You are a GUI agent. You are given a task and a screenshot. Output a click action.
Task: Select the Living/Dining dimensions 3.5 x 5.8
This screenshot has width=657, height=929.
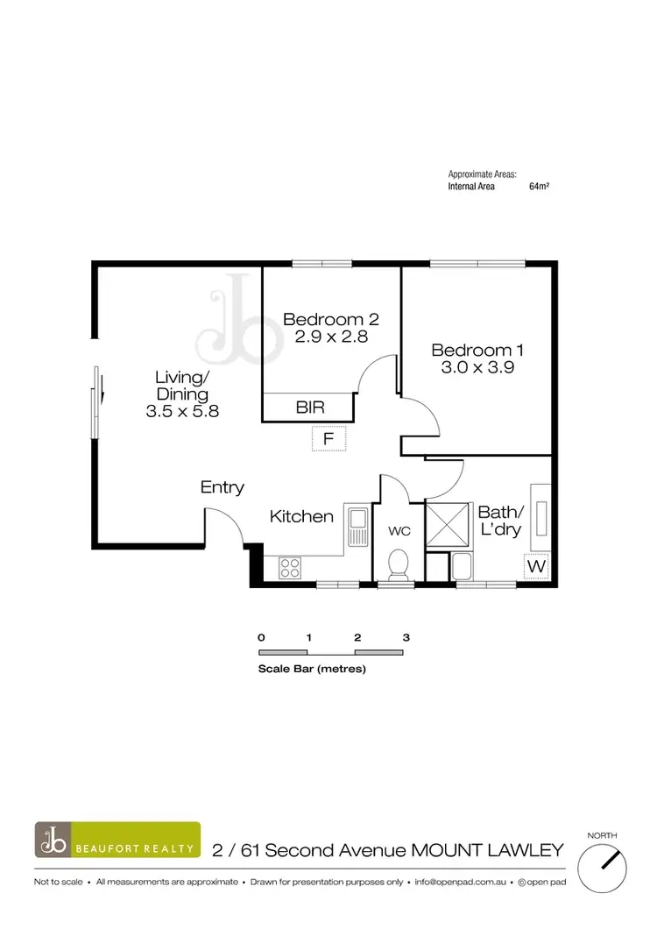click(181, 409)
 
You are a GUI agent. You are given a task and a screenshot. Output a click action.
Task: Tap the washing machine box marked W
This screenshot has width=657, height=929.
click(536, 567)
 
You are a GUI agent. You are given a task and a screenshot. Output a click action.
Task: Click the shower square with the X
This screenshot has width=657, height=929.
click(449, 525)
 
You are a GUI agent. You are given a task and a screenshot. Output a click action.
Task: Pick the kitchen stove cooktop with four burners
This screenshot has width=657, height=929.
click(289, 568)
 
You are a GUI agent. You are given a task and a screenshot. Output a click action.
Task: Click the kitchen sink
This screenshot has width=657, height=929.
click(357, 528)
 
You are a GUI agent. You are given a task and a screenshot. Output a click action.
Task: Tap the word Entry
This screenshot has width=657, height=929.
click(223, 487)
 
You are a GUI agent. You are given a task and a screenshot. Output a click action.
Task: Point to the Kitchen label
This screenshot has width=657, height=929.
click(301, 516)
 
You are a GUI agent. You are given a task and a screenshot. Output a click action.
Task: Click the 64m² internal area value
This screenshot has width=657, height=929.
click(539, 187)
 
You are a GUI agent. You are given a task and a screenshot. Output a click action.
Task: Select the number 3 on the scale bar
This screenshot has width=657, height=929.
click(406, 637)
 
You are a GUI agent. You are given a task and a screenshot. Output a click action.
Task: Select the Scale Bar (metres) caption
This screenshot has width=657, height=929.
click(311, 669)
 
